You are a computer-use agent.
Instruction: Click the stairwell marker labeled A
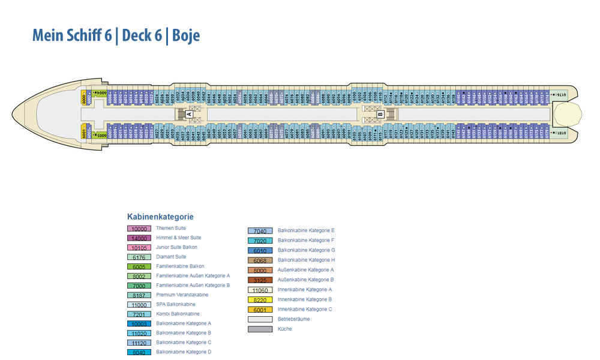[189, 113]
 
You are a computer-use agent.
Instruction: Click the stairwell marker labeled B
[380, 113]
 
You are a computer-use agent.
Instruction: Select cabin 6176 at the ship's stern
[558, 95]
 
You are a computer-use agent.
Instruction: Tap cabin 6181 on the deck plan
[558, 133]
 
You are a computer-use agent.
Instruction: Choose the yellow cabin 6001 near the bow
[83, 134]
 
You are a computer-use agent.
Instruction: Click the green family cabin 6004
[100, 93]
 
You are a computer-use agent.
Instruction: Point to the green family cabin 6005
[100, 136]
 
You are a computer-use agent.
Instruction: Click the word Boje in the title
[186, 36]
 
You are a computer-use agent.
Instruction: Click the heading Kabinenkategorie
[160, 217]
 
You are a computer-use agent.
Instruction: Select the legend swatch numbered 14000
[139, 238]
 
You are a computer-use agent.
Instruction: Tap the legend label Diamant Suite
[171, 257]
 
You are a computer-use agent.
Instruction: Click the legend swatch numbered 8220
[260, 300]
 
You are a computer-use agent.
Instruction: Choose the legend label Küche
[285, 329]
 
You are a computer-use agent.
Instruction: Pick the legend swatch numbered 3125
[260, 280]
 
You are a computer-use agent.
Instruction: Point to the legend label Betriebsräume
[294, 319]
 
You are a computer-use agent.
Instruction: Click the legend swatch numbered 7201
[139, 314]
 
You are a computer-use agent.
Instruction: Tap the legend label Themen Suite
[171, 228]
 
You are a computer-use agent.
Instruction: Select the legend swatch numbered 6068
[260, 260]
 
